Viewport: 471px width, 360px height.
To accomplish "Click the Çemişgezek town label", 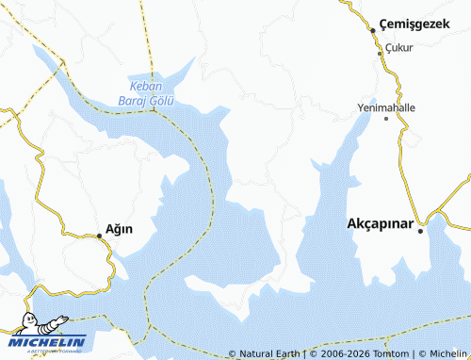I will tap(417, 24).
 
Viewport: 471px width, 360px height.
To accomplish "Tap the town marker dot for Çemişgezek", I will tap(373, 30).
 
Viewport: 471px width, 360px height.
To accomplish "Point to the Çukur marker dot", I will tap(381, 54).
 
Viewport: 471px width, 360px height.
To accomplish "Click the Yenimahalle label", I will tap(386, 107).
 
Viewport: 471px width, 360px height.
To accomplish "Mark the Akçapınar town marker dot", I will tap(424, 222).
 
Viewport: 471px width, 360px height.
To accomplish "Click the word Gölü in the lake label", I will tap(166, 100).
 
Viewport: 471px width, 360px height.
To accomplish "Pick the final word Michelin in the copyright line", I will tap(444, 354).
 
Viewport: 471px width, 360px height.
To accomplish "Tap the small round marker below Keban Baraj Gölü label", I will tap(153, 110).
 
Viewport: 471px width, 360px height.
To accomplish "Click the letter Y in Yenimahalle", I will tap(361, 107).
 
